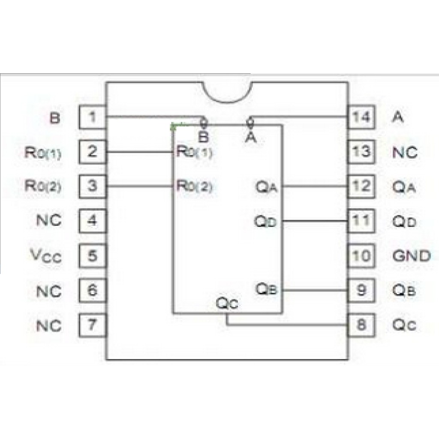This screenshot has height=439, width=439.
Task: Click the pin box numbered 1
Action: (92, 117)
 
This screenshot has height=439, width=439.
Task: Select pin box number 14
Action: (361, 117)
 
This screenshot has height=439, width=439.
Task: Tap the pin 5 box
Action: (92, 256)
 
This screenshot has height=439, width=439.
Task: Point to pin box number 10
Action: (361, 256)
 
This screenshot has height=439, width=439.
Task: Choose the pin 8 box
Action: (361, 325)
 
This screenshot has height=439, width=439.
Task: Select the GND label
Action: (411, 256)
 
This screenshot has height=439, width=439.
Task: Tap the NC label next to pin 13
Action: (404, 152)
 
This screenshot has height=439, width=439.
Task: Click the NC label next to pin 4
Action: (49, 221)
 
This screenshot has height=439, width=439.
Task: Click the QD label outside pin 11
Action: (404, 222)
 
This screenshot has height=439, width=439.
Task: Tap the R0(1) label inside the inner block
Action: (194, 152)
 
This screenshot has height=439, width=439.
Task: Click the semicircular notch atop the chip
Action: (227, 92)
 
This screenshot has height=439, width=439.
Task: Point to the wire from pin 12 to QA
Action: (315, 186)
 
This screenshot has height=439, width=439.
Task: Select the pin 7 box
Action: (92, 325)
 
